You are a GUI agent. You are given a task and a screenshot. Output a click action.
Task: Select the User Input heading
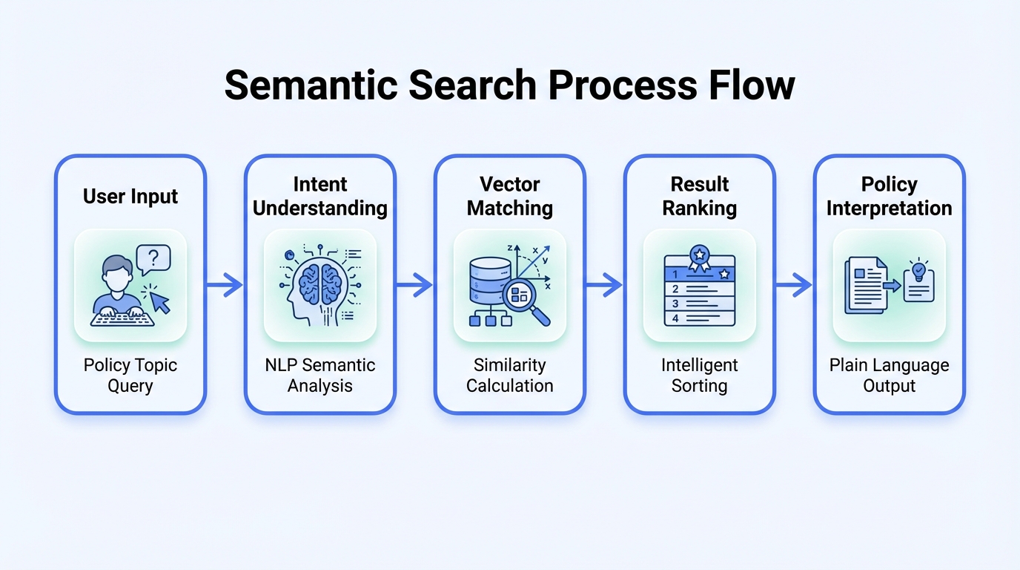click(x=130, y=197)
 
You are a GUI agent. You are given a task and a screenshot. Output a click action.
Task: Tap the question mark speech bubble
click(x=153, y=258)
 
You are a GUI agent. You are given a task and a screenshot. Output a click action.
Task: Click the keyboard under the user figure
click(x=122, y=318)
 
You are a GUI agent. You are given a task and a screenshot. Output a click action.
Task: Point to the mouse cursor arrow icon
click(x=159, y=301)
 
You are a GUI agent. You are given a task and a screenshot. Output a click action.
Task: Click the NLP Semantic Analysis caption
click(x=320, y=376)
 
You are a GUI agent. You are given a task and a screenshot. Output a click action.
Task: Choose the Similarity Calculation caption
click(x=510, y=376)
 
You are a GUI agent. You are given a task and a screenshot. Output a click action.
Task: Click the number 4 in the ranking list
click(x=675, y=318)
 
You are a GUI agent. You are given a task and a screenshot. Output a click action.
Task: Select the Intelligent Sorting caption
click(x=700, y=376)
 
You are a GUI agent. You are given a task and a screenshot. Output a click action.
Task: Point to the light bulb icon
click(x=919, y=269)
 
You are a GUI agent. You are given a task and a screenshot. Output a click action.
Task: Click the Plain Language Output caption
click(x=890, y=376)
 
